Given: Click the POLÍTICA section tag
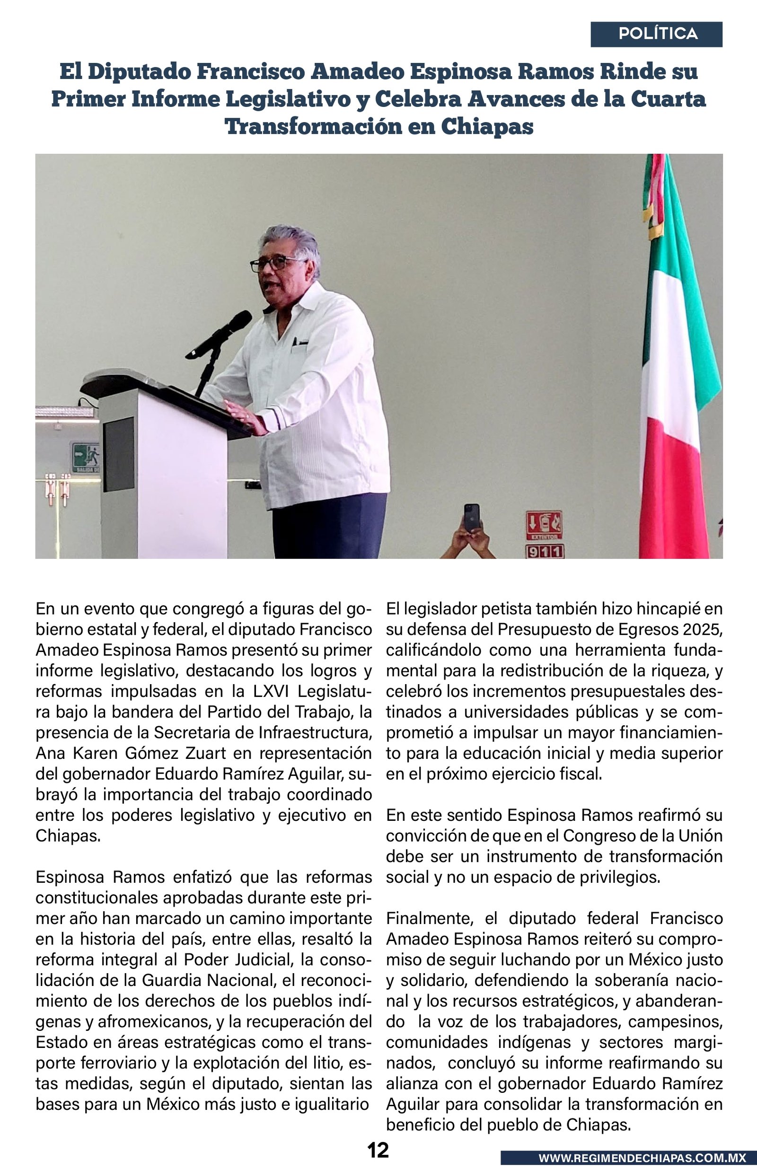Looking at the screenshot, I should coord(658,34).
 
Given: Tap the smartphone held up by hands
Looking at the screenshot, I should coord(471,519).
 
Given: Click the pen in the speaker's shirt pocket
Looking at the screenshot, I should coord(295,342).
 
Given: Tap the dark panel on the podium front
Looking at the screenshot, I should coord(118,454).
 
